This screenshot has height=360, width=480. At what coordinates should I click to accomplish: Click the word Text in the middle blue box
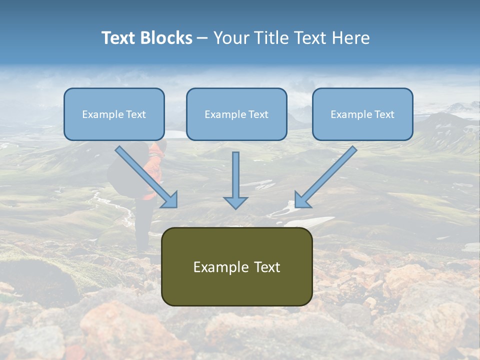coord(258,114)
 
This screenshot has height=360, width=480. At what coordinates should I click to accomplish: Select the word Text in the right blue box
coord(384,114)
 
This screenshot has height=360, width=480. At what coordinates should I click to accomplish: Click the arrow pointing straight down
coord(235,180)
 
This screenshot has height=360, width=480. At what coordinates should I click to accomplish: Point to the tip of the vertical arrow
coord(235,207)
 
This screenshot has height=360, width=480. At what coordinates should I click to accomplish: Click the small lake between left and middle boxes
coord(175,134)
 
